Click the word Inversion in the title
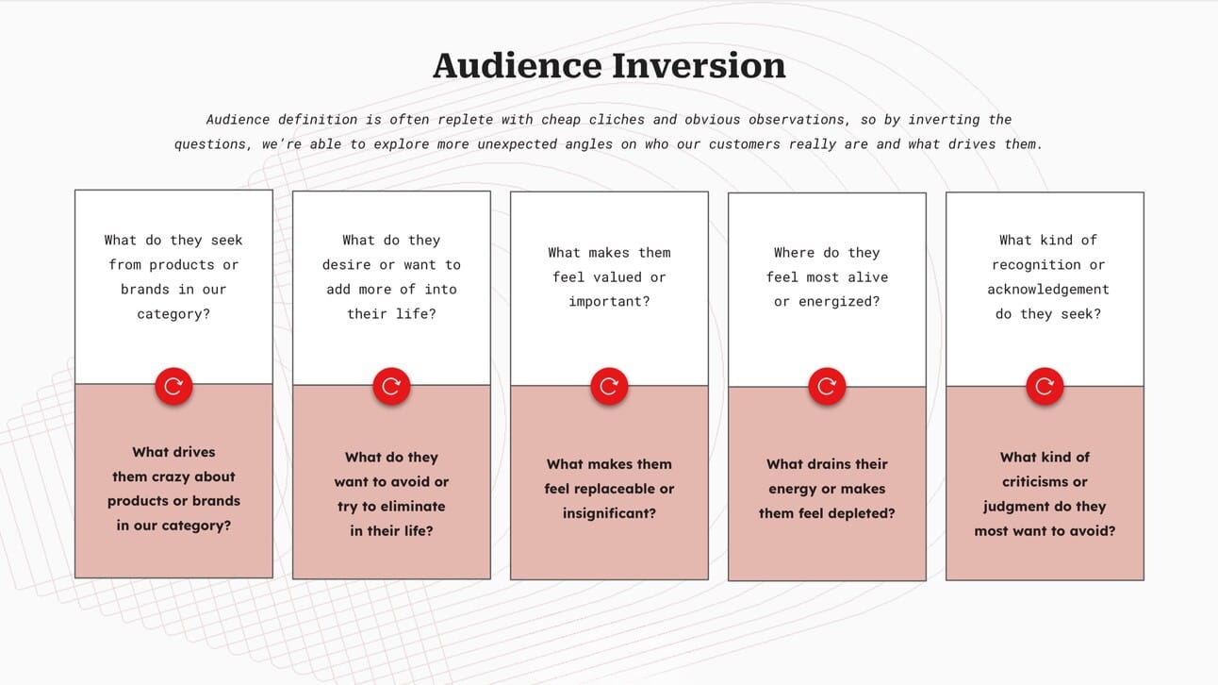click(699, 66)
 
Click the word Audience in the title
click(518, 66)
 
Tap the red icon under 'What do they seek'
click(173, 386)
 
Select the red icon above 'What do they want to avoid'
click(391, 386)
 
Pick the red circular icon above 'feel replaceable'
click(609, 386)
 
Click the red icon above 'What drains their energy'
click(827, 386)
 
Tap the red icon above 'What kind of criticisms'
click(1045, 386)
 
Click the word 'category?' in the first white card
click(173, 314)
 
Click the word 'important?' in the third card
click(609, 302)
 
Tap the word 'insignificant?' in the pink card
click(609, 513)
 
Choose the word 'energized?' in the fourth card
click(839, 301)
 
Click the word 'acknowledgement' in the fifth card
click(1047, 290)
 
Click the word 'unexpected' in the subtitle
click(518, 144)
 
